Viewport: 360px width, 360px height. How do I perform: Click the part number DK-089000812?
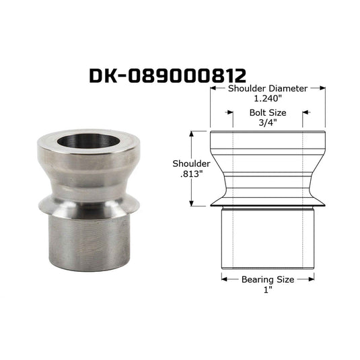(168, 76)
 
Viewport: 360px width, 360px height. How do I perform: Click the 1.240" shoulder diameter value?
(268, 99)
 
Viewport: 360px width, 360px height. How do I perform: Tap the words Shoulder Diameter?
(268, 88)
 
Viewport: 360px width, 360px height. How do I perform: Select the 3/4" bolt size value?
(268, 123)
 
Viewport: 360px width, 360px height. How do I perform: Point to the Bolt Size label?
(268, 113)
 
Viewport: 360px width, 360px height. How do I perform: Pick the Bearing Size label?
(268, 279)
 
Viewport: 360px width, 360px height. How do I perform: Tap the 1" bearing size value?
(266, 290)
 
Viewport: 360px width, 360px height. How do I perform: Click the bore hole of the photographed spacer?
(87, 141)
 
